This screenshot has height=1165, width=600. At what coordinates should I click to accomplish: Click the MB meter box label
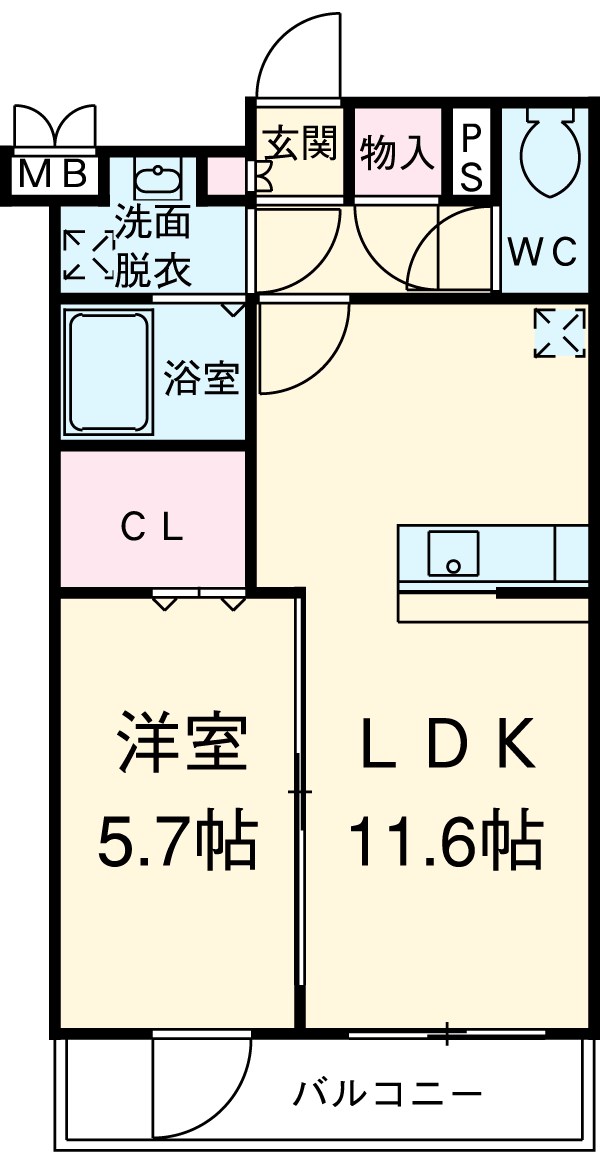click(x=55, y=175)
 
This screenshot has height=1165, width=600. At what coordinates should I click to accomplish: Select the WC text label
click(x=542, y=252)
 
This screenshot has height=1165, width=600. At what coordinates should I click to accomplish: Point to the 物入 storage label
click(x=397, y=153)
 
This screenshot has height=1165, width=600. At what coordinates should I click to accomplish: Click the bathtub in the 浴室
click(x=108, y=369)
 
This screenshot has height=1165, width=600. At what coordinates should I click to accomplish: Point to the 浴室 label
click(x=202, y=379)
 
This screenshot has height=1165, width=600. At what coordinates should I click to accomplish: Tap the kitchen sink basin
click(x=453, y=553)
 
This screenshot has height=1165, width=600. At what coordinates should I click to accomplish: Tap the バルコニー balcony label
click(x=387, y=1093)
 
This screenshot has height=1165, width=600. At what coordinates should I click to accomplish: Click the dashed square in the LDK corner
click(x=559, y=332)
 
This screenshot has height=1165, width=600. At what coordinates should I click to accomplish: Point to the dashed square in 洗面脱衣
click(x=88, y=255)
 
